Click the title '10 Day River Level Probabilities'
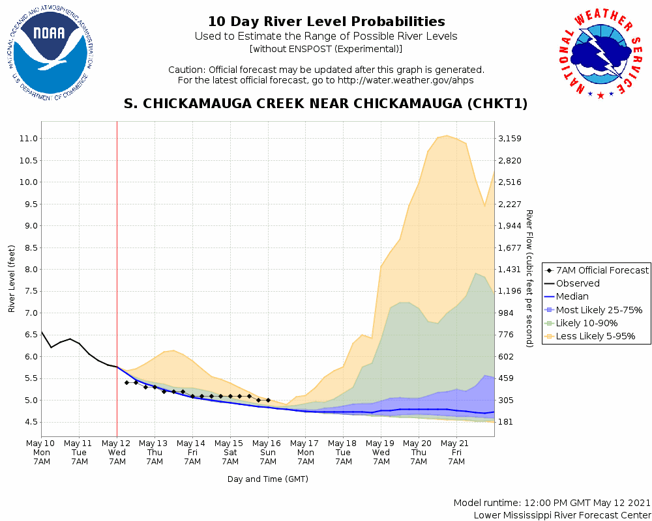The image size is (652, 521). [326, 22]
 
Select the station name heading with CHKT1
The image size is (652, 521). [326, 104]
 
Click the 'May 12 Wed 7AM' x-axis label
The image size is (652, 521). [117, 452]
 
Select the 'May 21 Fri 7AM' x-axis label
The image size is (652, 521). [456, 452]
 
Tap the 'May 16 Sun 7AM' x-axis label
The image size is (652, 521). [268, 452]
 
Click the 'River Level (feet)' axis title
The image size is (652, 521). [12, 279]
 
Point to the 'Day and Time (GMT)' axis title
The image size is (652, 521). [268, 479]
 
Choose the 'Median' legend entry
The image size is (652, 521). [572, 296]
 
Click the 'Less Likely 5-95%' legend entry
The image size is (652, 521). [595, 337]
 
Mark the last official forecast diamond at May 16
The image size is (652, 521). [268, 400]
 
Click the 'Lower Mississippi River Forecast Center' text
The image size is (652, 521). [562, 515]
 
